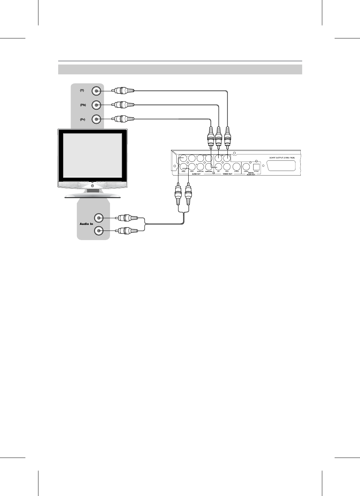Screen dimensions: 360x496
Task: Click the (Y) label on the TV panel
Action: click(x=82, y=91)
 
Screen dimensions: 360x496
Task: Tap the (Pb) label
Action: click(x=82, y=105)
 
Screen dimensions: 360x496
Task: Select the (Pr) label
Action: click(x=82, y=120)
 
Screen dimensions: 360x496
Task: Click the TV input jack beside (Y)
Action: click(x=97, y=91)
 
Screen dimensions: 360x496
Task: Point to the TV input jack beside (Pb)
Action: click(x=97, y=105)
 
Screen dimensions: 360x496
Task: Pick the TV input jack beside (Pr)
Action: click(x=97, y=120)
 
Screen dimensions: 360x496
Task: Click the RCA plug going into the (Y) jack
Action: click(x=123, y=91)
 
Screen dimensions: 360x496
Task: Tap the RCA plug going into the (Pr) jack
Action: click(x=123, y=119)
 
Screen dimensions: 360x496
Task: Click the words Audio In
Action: click(x=86, y=224)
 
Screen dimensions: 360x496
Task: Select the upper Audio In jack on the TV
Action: click(x=99, y=218)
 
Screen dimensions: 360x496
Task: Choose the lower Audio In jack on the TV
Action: click(x=99, y=231)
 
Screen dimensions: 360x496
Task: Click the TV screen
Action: click(x=92, y=155)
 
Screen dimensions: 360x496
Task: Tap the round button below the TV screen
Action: click(x=92, y=185)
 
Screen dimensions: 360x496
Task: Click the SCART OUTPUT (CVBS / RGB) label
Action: click(x=282, y=157)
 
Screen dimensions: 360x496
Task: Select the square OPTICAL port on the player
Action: click(x=256, y=166)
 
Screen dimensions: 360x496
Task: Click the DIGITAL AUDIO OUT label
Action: click(x=251, y=173)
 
